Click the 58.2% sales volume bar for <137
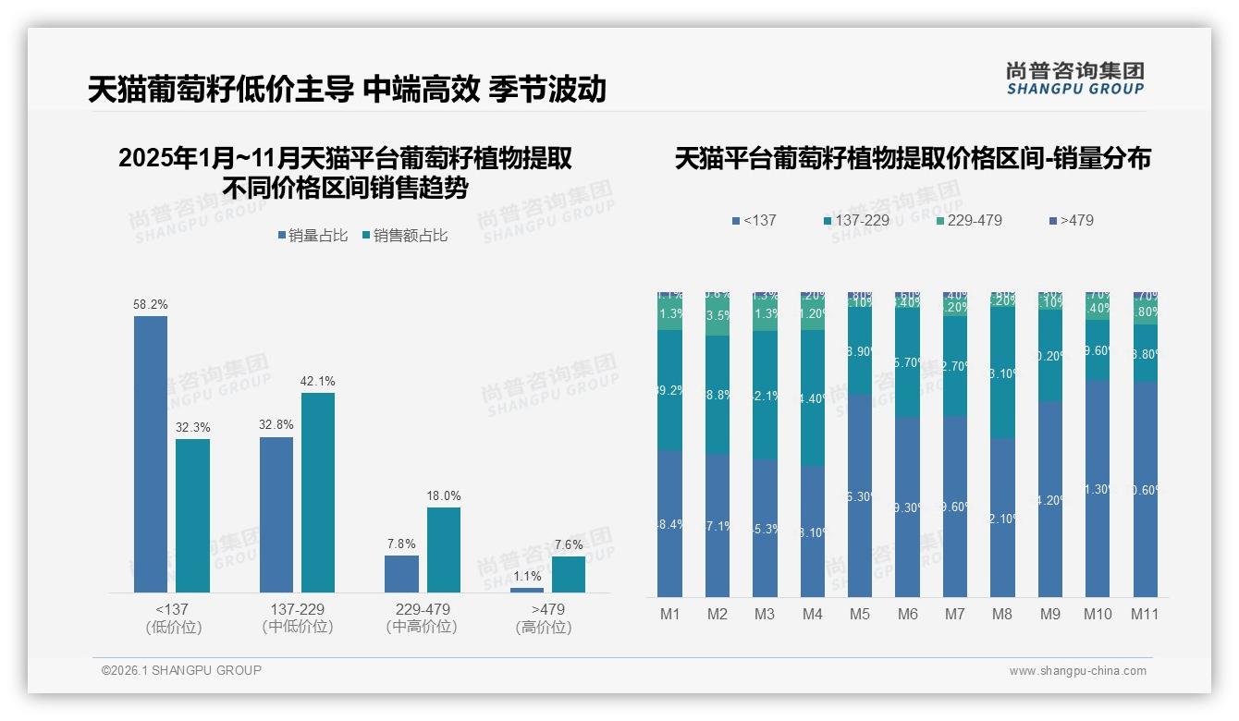151,454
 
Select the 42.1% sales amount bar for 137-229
318,493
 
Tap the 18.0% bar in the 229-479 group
443,550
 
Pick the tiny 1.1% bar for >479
527,590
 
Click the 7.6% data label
569,544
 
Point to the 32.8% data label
276,425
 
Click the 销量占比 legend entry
312,236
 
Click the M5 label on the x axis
860,614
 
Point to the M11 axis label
1145,614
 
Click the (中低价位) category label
298,627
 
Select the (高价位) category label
544,627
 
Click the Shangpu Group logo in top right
1074,79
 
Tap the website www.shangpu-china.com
1077,671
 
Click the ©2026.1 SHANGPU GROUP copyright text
181,670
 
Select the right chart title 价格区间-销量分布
913,159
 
